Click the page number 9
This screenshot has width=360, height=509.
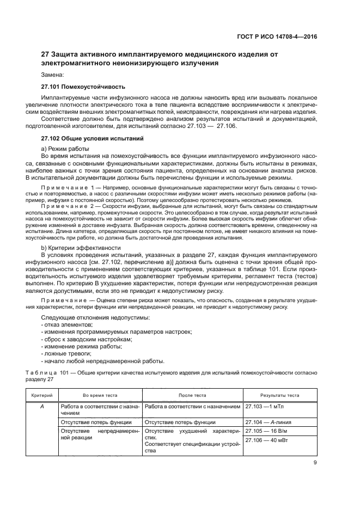point(315,463)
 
